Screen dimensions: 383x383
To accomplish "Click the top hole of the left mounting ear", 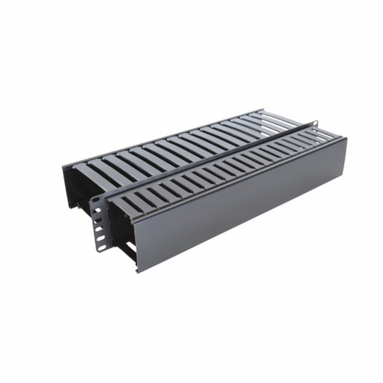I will pyautogui.click(x=96, y=200).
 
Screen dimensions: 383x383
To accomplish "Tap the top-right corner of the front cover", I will pyautogui.click(x=342, y=139).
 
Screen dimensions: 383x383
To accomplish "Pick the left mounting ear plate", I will pyautogui.click(x=97, y=222).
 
